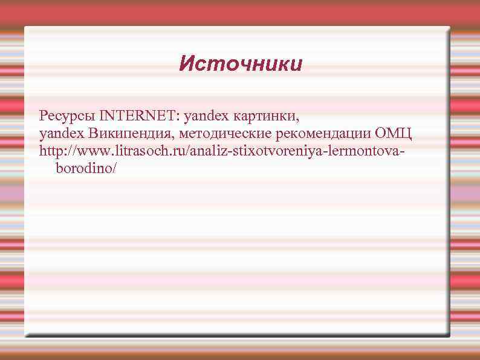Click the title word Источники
click(x=240, y=64)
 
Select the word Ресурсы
click(x=67, y=115)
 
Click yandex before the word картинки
click(x=204, y=115)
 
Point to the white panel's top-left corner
click(x=25, y=27)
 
